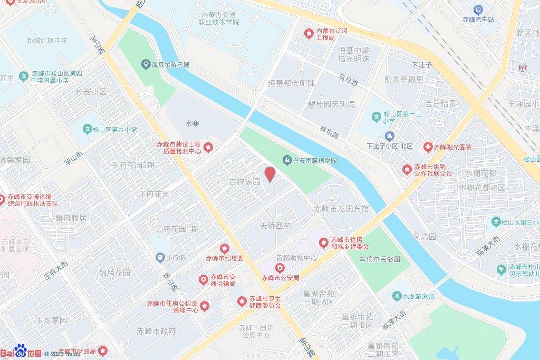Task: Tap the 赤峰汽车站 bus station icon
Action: click(478, 9)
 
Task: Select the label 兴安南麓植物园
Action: click(315, 160)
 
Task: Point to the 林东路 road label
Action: click(329, 132)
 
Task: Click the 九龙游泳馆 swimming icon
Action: click(397, 297)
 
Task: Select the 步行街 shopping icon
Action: click(160, 257)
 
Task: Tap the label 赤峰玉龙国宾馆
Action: click(341, 208)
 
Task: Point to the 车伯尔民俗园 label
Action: click(380, 259)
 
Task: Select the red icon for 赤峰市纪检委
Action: click(224, 248)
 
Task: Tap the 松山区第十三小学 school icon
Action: click(377, 116)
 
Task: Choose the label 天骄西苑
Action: click(276, 226)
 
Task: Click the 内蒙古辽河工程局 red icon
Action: click(309, 34)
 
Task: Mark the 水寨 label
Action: click(192, 123)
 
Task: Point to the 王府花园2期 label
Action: click(133, 164)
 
